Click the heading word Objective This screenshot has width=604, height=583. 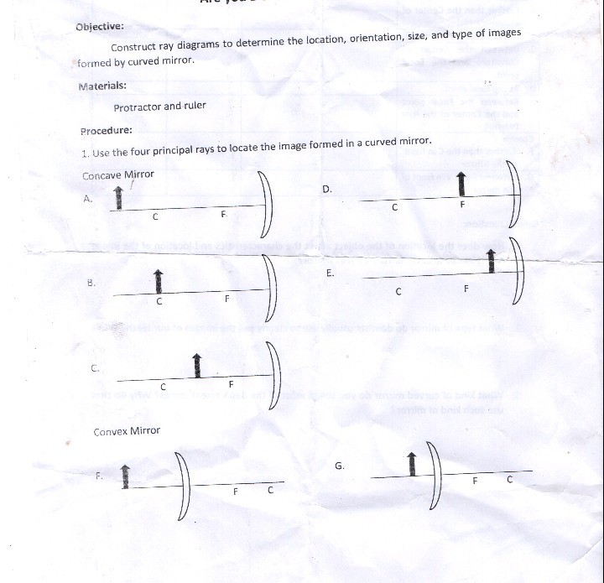click(x=99, y=26)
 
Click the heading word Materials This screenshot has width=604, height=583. click(x=102, y=86)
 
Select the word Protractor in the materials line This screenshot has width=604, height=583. click(x=137, y=107)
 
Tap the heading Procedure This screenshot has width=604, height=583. click(x=107, y=131)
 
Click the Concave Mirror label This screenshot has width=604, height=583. click(x=118, y=175)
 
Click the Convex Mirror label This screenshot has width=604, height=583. click(x=127, y=431)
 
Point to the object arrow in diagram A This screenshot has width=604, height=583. click(x=118, y=198)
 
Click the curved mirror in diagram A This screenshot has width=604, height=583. click(x=268, y=203)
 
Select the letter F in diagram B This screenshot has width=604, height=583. click(x=226, y=299)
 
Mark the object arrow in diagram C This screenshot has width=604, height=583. click(x=197, y=365)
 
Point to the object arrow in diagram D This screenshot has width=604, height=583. click(x=460, y=185)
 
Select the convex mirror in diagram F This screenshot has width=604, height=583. click(x=187, y=485)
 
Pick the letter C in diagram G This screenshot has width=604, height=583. click(x=509, y=480)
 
